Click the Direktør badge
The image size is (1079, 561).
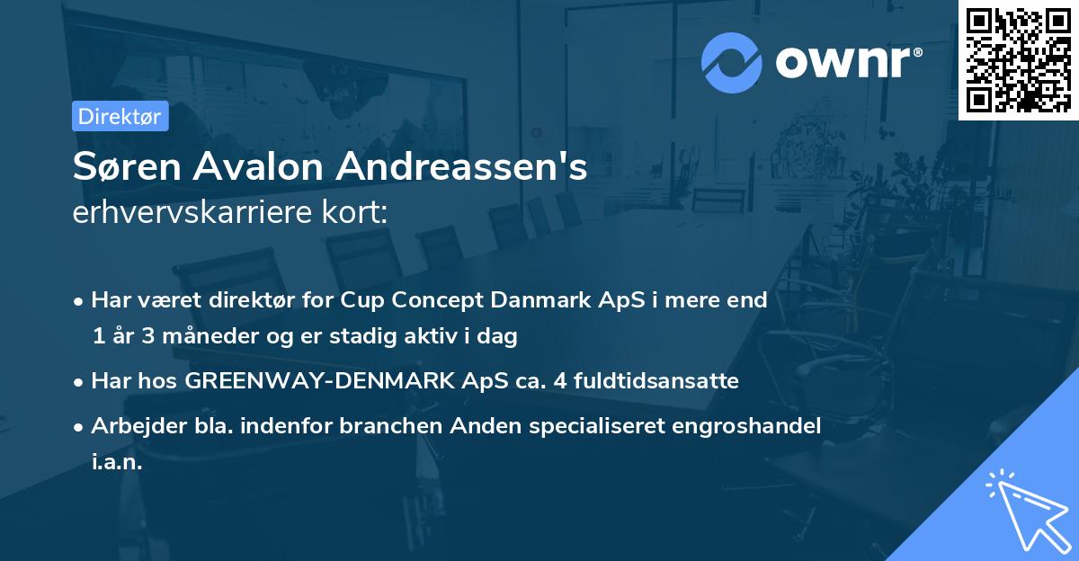pyautogui.click(x=120, y=116)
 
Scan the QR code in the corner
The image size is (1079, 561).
pyautogui.click(x=1018, y=59)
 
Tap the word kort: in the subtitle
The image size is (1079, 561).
pyautogui.click(x=359, y=212)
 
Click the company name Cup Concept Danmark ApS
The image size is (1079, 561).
pyautogui.click(x=484, y=300)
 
